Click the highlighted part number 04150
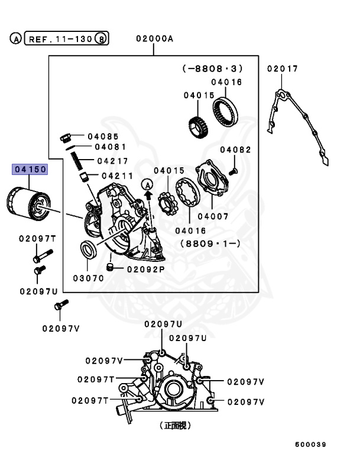click(30, 170)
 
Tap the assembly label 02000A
click(154, 39)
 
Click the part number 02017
click(282, 69)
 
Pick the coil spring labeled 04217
click(77, 159)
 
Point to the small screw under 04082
click(233, 170)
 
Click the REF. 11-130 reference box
click(59, 39)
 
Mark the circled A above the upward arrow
click(148, 186)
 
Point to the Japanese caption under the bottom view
click(175, 424)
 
